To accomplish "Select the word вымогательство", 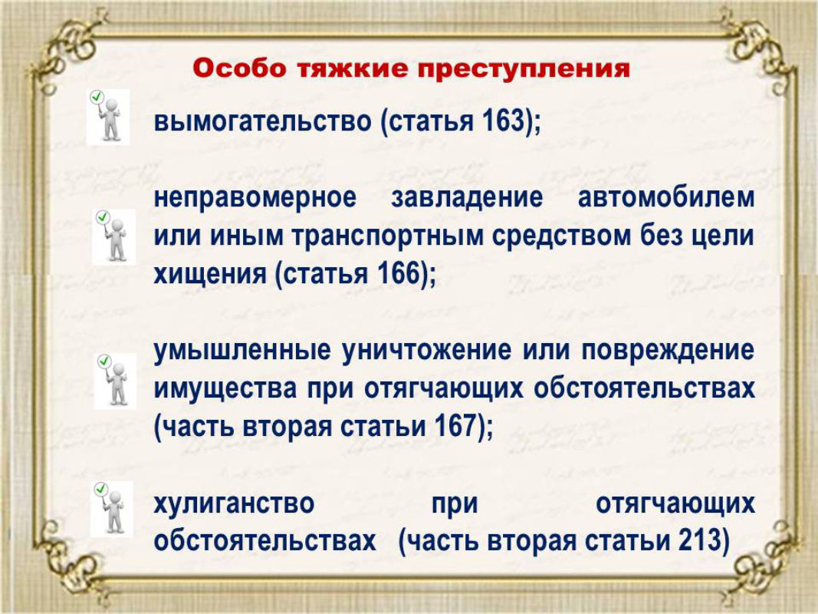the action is coord(263,120).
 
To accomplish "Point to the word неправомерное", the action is coord(255,198).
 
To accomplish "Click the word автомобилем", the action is coord(666,197).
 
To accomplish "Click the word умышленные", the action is coord(242,350).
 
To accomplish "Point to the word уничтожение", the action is coord(427,350).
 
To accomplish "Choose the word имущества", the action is coord(225,389).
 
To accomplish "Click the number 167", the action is coord(455,425).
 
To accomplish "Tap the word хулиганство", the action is coord(235,503).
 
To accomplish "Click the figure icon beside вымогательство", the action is coord(108,117).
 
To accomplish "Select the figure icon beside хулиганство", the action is coord(112,509).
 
